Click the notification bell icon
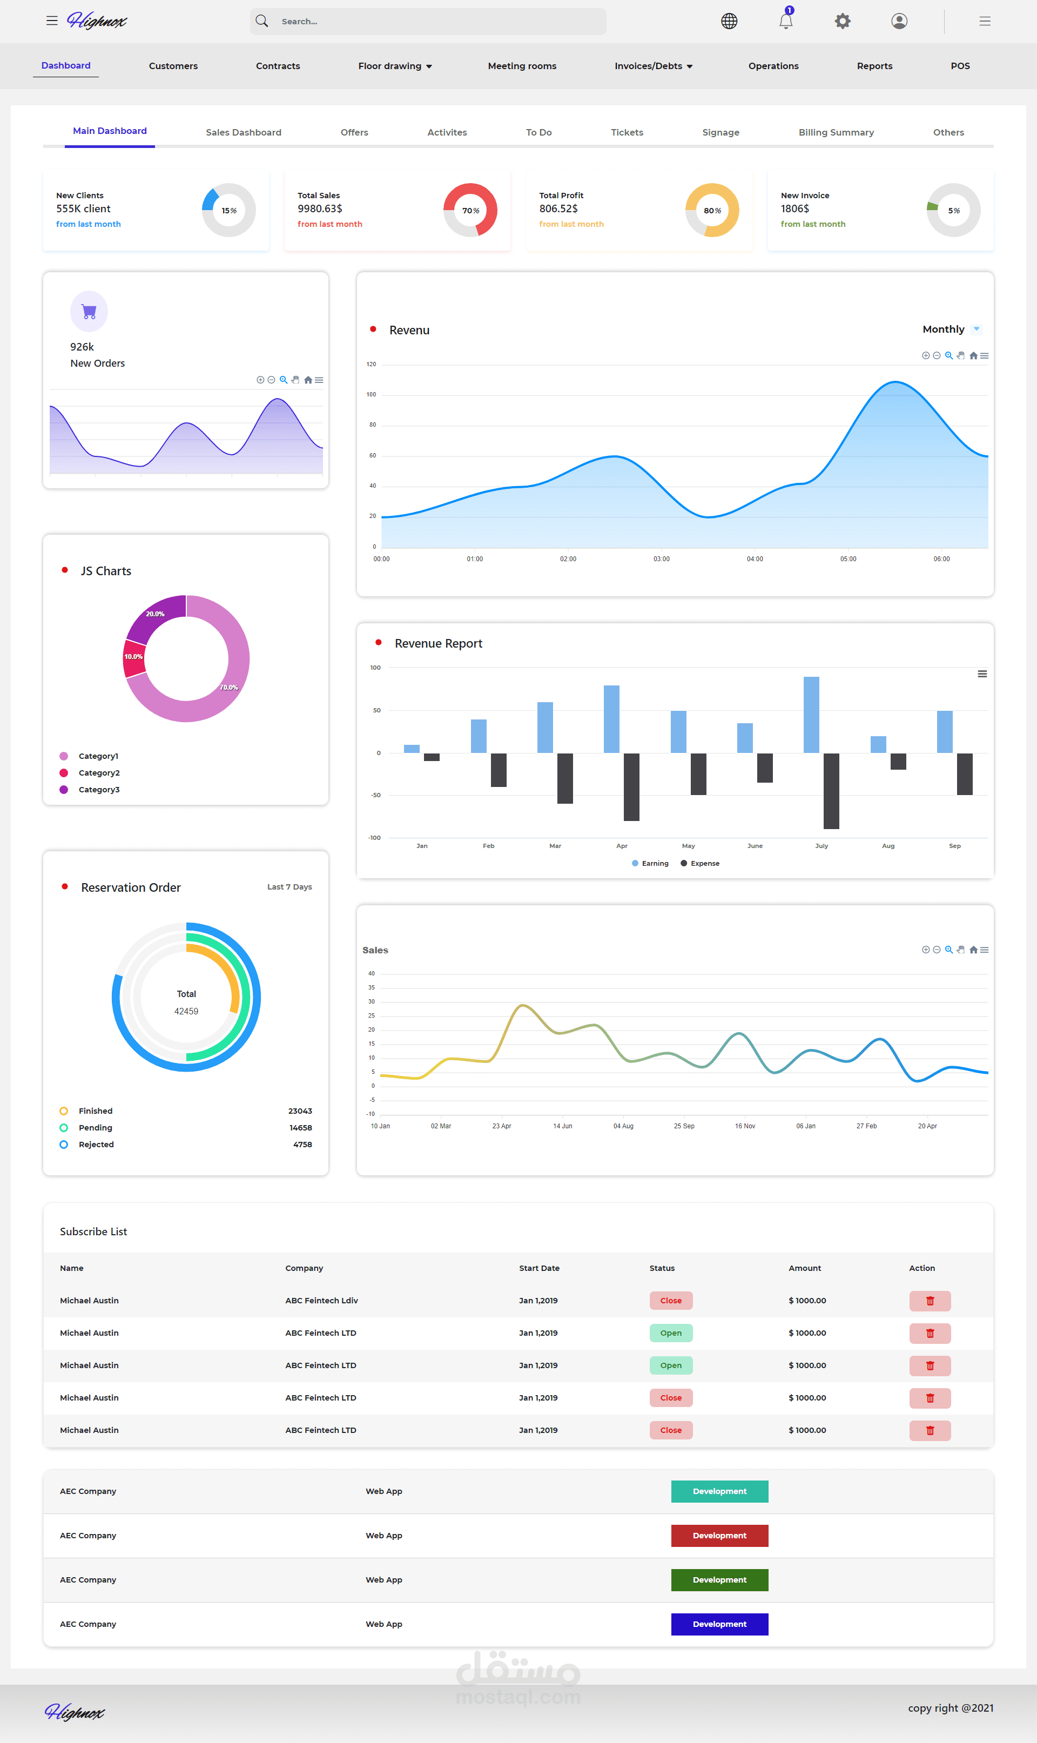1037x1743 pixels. tap(785, 21)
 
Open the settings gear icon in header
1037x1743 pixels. tap(842, 21)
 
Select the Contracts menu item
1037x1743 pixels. tap(278, 66)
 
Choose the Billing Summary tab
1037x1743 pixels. tap(836, 132)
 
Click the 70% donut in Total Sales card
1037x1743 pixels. tap(470, 210)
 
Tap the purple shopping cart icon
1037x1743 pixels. tap(89, 311)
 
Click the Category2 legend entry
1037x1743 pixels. tap(98, 772)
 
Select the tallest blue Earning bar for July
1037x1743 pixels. tap(811, 714)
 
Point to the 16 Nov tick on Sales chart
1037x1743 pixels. tap(744, 1126)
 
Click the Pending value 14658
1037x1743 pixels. tap(300, 1128)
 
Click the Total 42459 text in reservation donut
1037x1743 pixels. tap(186, 1002)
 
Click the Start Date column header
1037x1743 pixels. tap(539, 1268)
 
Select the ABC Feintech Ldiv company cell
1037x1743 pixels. tap(321, 1300)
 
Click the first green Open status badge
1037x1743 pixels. tap(670, 1333)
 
